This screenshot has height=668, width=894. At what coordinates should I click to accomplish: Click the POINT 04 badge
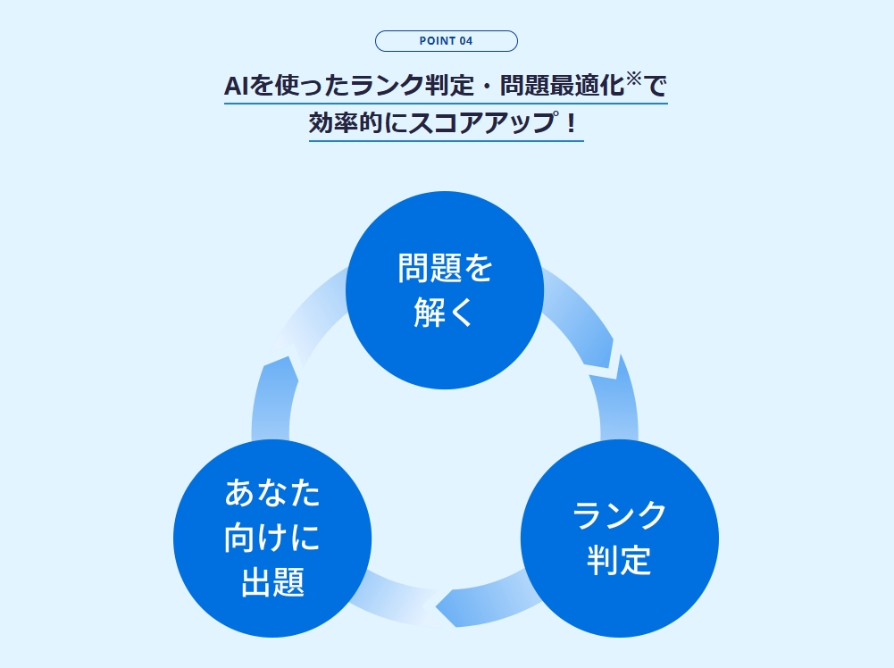coord(446,41)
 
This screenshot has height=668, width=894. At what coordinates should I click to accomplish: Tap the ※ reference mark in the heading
coord(633,79)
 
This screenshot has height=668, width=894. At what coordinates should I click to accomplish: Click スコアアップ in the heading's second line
coord(476,123)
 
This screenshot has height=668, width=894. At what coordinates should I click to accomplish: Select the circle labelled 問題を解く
coord(445,290)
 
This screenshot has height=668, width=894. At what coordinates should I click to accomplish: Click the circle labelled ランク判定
coord(619,539)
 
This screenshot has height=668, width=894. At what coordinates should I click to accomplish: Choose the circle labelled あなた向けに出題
coord(272,539)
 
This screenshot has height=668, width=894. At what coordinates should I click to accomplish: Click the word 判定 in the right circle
coord(619,561)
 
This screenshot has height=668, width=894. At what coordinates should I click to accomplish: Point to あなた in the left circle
coord(272,493)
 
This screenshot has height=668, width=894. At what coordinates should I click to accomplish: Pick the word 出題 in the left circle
coord(272,584)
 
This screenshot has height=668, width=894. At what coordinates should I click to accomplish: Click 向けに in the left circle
coord(272,539)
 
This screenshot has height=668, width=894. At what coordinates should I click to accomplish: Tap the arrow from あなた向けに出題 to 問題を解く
coord(281,366)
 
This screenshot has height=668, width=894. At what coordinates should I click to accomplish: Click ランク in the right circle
coord(619,516)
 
